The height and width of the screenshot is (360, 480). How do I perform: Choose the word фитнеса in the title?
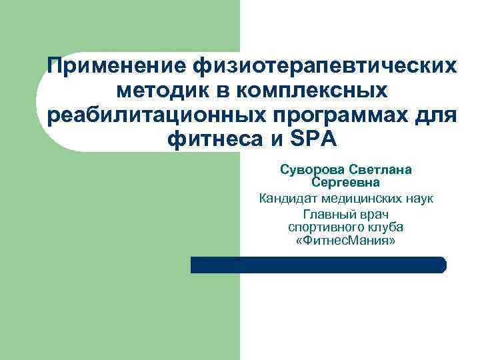[x=210, y=139]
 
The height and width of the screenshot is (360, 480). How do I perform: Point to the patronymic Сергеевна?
[x=345, y=182]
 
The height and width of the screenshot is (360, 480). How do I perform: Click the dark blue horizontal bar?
[x=318, y=265]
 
